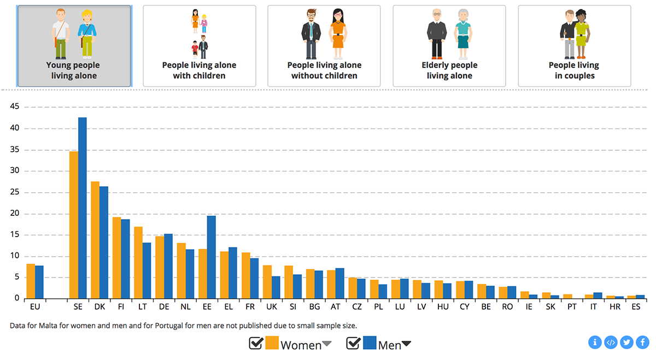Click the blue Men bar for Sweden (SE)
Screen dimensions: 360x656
pos(83,208)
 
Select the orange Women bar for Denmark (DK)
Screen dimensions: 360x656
pos(95,240)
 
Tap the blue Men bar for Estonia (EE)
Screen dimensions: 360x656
pos(212,257)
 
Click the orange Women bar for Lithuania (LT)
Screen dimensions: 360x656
pos(138,263)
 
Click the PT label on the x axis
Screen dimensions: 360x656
pos(571,307)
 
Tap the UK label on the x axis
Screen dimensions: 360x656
pos(271,307)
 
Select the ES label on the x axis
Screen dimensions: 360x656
pos(636,307)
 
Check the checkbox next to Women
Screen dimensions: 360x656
pos(256,343)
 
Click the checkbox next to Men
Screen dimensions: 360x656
pos(354,343)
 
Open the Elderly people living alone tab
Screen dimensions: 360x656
pos(449,46)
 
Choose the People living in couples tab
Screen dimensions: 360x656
pos(574,46)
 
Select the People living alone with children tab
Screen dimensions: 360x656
pos(200,46)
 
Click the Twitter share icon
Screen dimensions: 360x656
pos(626,343)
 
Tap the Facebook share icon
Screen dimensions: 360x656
pos(642,343)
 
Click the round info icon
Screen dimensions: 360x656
pos(595,343)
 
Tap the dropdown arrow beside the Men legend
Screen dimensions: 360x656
pos(406,344)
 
